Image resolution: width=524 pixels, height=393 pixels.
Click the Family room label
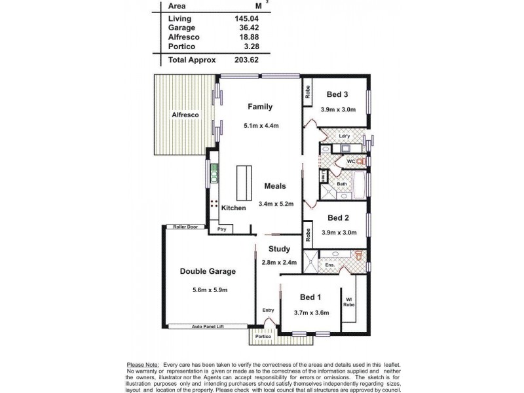(x=259, y=107)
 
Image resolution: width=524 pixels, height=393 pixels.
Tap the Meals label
(x=275, y=185)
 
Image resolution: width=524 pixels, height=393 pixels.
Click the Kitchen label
(x=233, y=208)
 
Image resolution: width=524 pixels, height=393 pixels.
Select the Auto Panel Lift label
(x=208, y=326)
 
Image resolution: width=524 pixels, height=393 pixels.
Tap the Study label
(x=279, y=248)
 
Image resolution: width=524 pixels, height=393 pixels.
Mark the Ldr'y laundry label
(x=345, y=136)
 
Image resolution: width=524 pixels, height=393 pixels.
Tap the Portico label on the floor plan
(x=263, y=337)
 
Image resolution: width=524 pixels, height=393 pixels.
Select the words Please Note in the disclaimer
(x=142, y=364)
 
